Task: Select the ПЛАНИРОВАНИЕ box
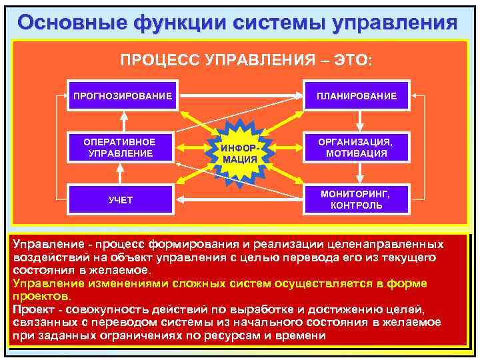(x=357, y=96)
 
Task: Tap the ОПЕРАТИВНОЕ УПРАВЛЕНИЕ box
(x=120, y=148)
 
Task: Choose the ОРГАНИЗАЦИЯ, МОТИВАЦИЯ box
(x=357, y=148)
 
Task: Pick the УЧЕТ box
(x=121, y=200)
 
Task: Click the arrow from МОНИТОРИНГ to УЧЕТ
(x=240, y=198)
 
